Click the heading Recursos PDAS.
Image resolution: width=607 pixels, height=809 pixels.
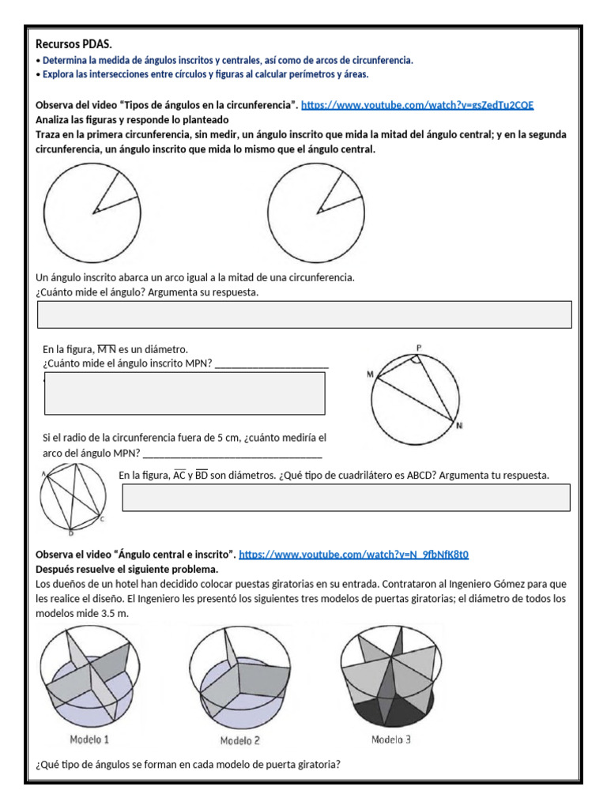pos(79,44)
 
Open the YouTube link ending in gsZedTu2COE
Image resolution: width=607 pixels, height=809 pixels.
pos(422,105)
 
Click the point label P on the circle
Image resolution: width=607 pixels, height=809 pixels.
pos(419,347)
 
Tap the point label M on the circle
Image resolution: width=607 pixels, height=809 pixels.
pos(369,374)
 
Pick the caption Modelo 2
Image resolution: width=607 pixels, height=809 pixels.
pos(239,740)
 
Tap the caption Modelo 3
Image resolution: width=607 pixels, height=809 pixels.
pos(390,739)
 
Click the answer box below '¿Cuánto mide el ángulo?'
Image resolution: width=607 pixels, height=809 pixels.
pos(304,314)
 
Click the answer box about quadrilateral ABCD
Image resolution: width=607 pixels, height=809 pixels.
pos(346,498)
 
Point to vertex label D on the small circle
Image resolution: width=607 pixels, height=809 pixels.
pos(70,531)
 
